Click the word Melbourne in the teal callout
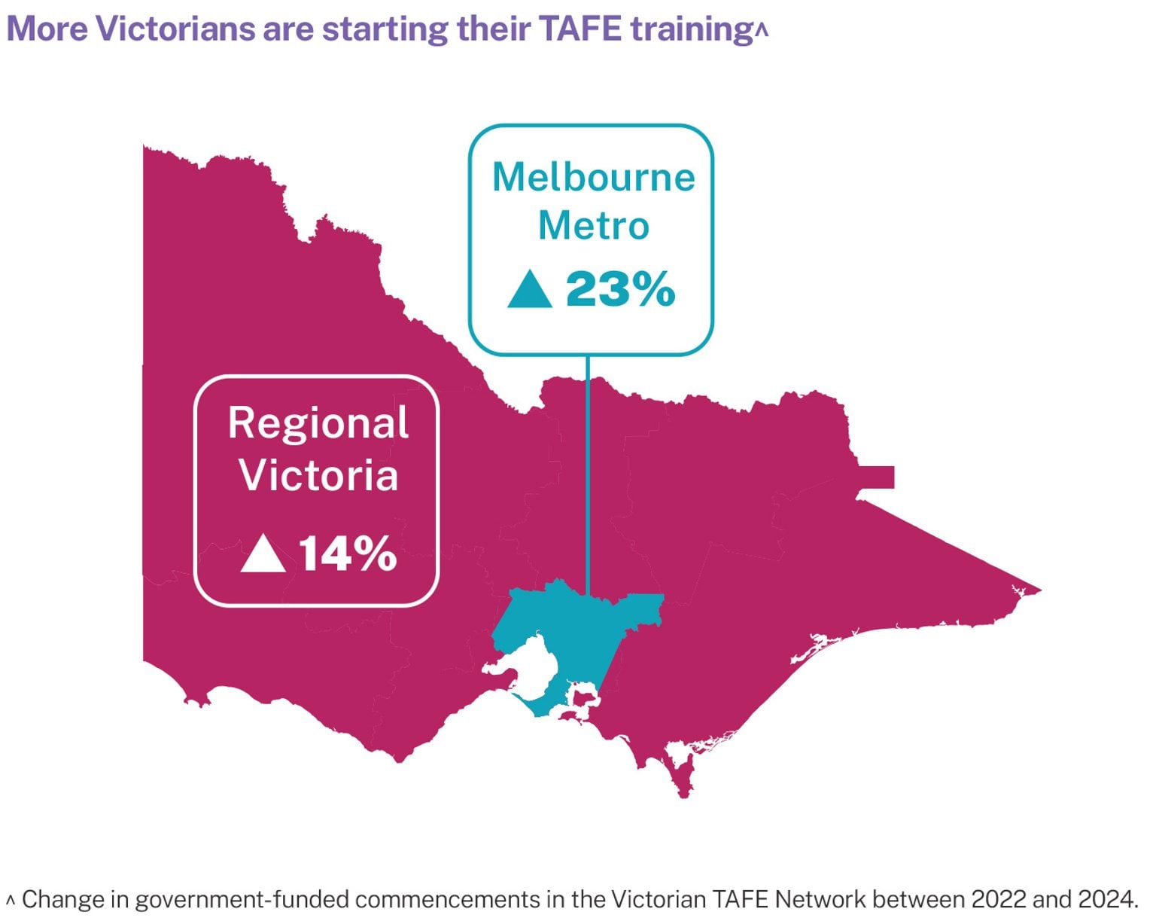[593, 178]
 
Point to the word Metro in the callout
[593, 225]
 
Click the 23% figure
[621, 289]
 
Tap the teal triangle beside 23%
[530, 291]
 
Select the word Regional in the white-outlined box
[318, 424]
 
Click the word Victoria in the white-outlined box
[318, 475]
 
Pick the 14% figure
[348, 554]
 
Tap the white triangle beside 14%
[263, 554]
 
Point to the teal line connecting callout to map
[588, 467]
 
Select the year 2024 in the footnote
[1107, 899]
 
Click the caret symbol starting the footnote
[10, 898]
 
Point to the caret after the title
[762, 30]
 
